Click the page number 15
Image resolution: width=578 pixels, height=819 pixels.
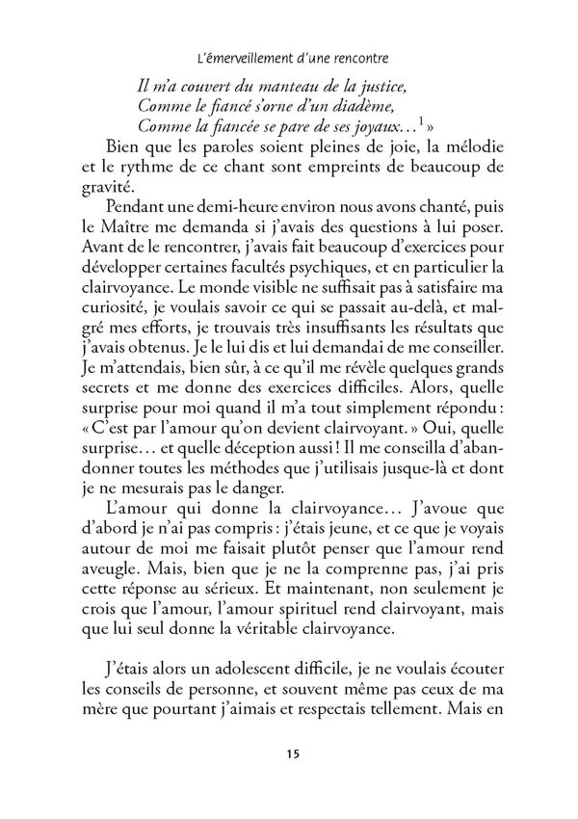click(288, 753)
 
